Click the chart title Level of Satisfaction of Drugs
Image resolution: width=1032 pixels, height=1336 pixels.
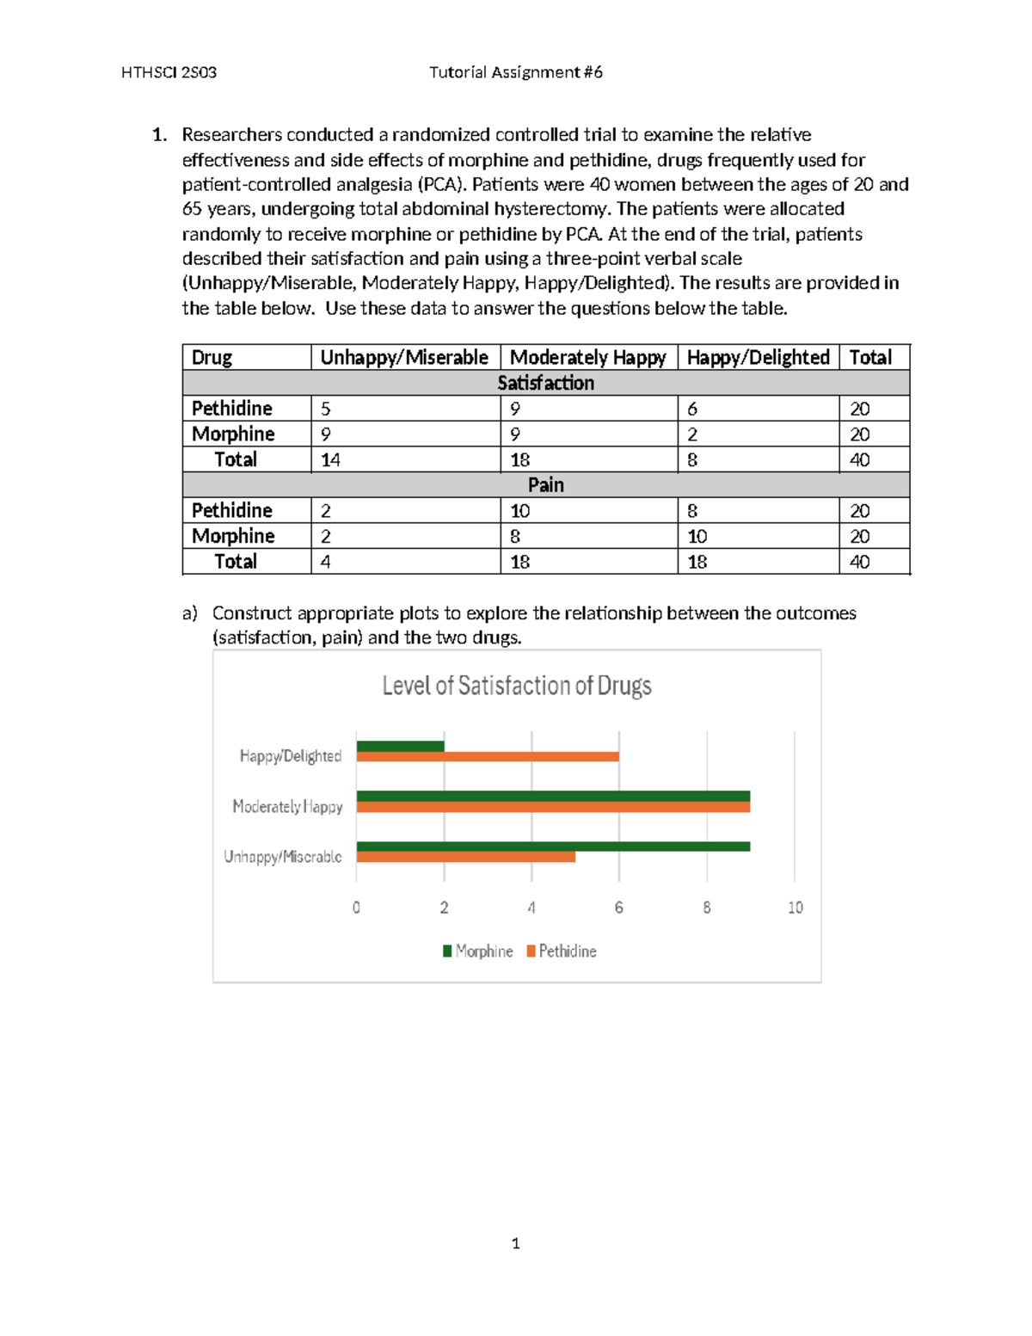tap(516, 686)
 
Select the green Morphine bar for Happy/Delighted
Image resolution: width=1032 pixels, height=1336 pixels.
tap(401, 746)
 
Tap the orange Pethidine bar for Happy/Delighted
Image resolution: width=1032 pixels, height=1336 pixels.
tap(488, 757)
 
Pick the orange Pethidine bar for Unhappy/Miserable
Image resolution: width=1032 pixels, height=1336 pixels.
tap(465, 857)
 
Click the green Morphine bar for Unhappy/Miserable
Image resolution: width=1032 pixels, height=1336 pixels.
tap(553, 847)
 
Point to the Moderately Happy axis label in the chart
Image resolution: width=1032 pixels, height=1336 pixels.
tap(287, 807)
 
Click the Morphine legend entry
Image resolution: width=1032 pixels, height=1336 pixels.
tap(478, 951)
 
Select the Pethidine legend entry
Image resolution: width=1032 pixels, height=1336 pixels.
tap(562, 951)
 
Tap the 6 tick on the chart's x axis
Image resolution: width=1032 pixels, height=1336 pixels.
tap(618, 908)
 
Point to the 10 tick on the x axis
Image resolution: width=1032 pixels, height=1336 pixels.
tap(795, 908)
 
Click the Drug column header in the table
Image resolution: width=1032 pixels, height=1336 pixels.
tap(212, 357)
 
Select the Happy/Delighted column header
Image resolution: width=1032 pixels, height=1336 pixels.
tap(758, 357)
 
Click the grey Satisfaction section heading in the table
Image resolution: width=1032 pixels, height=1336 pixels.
tap(545, 383)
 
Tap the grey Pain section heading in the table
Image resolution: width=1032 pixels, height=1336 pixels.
tap(545, 485)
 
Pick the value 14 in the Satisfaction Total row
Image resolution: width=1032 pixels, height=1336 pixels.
tap(330, 460)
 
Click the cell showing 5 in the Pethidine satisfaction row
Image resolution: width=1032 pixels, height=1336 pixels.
tap(326, 409)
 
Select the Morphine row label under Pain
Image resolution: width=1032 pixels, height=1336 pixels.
tap(233, 536)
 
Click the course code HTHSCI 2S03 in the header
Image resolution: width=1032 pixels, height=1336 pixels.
tap(169, 72)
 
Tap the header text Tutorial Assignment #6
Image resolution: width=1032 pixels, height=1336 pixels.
tap(516, 72)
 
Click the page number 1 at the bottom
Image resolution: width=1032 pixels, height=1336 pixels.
tap(515, 1243)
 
